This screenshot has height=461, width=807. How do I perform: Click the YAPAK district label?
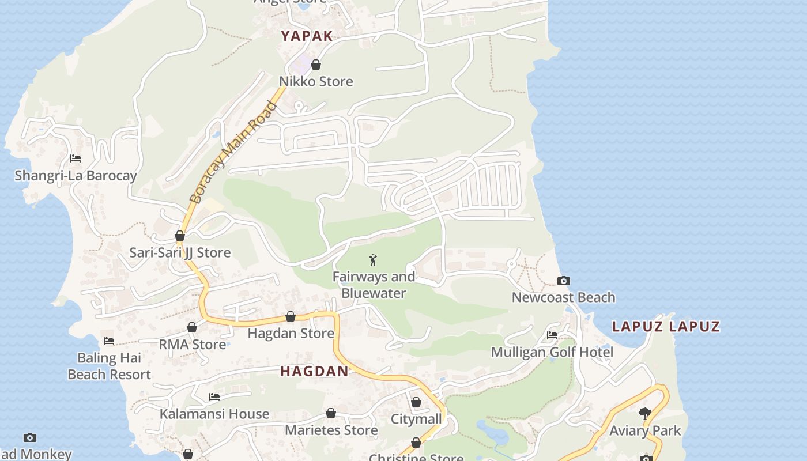(307, 36)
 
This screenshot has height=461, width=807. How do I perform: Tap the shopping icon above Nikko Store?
(316, 65)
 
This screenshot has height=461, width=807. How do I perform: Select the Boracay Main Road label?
(233, 153)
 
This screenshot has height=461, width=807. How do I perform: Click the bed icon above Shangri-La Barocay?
(76, 158)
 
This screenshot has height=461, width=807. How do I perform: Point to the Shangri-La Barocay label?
(76, 176)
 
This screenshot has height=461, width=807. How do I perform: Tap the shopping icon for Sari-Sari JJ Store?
(180, 236)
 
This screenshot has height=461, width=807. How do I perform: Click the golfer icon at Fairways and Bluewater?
(374, 260)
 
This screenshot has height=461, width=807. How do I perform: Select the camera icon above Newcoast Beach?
(564, 281)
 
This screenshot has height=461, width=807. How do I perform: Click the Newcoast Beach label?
(563, 297)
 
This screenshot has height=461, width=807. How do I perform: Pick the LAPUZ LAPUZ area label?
(666, 327)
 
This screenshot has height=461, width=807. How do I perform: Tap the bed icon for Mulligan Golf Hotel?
(552, 335)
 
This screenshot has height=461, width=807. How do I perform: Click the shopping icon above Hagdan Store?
(291, 316)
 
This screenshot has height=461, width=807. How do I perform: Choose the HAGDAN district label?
(314, 372)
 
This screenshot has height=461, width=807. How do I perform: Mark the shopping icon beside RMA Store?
(192, 327)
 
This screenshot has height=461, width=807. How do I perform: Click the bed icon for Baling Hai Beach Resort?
(109, 341)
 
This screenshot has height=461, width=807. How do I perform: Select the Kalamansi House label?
(214, 414)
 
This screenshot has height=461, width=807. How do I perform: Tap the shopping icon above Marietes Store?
(331, 413)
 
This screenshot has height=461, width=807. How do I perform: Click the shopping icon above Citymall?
(416, 402)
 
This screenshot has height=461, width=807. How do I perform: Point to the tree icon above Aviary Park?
(645, 413)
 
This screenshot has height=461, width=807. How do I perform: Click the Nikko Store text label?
(316, 81)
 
